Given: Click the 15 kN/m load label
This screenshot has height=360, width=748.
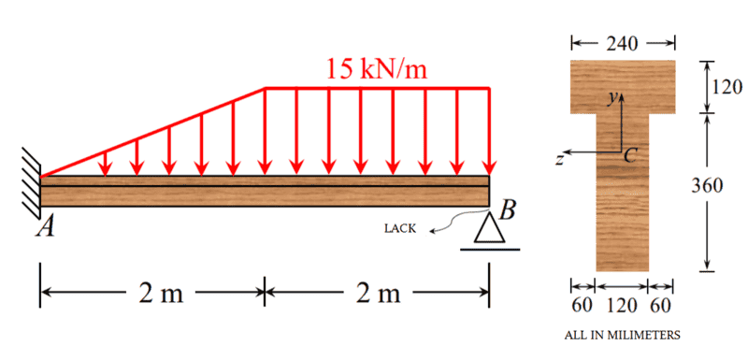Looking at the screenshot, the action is point(377,69).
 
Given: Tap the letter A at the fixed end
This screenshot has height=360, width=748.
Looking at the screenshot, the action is point(45,228).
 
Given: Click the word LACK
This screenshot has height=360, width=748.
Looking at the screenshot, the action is point(400,229).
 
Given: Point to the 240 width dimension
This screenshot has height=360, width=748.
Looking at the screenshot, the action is point(622,44).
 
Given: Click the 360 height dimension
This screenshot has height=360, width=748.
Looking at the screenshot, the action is point(707,185).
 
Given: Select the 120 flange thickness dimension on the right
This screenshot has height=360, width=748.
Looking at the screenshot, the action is point(726,87).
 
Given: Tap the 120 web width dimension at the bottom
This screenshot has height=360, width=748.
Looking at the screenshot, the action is point(622,305).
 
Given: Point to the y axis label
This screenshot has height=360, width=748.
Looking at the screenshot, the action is point(612,98).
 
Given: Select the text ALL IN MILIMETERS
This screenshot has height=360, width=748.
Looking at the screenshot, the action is point(623,335).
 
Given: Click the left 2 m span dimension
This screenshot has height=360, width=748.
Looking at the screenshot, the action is point(161,295).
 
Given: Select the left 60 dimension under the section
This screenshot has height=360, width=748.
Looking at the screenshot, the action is point(582,305).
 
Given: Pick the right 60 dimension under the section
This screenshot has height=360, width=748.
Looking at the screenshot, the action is point(662,305).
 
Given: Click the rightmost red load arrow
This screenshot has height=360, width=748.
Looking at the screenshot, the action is point(488,132).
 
